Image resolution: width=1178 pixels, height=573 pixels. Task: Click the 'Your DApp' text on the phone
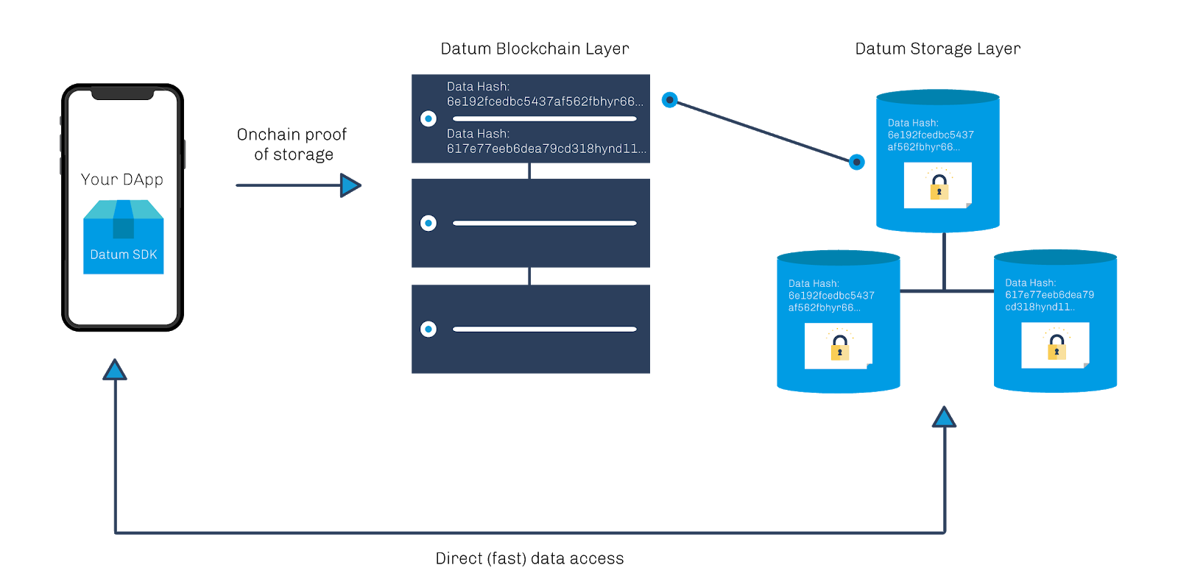(122, 179)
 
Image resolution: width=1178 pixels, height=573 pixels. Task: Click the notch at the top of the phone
(122, 94)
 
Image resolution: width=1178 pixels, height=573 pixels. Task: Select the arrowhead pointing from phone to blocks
(350, 185)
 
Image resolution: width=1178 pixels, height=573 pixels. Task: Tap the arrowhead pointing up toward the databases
(944, 418)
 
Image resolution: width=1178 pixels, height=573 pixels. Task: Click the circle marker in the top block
(428, 118)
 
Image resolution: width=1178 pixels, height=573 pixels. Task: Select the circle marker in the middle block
(428, 223)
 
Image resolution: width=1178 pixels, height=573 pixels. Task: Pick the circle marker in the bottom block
(428, 329)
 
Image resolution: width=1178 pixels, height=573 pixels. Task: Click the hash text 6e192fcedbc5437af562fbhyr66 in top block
(545, 102)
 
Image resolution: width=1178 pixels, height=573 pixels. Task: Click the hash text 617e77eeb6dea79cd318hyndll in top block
(546, 149)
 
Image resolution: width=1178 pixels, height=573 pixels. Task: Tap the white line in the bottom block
(545, 329)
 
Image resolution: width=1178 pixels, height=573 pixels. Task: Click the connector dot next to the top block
(669, 99)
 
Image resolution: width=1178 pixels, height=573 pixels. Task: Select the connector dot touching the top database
(857, 162)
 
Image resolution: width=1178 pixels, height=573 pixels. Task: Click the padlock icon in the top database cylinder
(939, 187)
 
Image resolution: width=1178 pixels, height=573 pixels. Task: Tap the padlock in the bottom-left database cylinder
(839, 347)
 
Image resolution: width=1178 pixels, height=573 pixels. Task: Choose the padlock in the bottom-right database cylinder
(1057, 346)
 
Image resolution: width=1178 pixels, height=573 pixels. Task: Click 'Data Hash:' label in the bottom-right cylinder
(1030, 282)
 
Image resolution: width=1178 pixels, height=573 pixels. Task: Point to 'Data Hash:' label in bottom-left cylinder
(814, 283)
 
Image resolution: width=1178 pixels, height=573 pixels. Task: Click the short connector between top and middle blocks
(529, 171)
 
